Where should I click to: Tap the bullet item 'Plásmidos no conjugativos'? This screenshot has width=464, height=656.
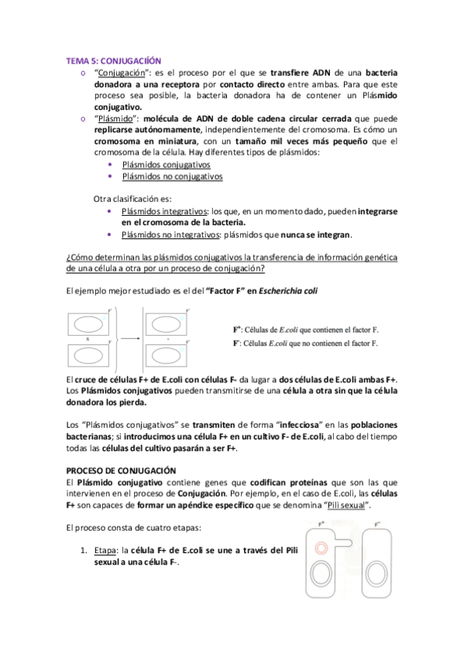coord(172,176)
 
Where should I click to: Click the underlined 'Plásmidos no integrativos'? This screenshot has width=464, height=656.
coord(171,234)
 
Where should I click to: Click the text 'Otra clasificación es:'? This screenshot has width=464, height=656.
coord(132,198)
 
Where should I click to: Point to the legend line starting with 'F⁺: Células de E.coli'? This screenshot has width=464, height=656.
coord(305,330)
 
